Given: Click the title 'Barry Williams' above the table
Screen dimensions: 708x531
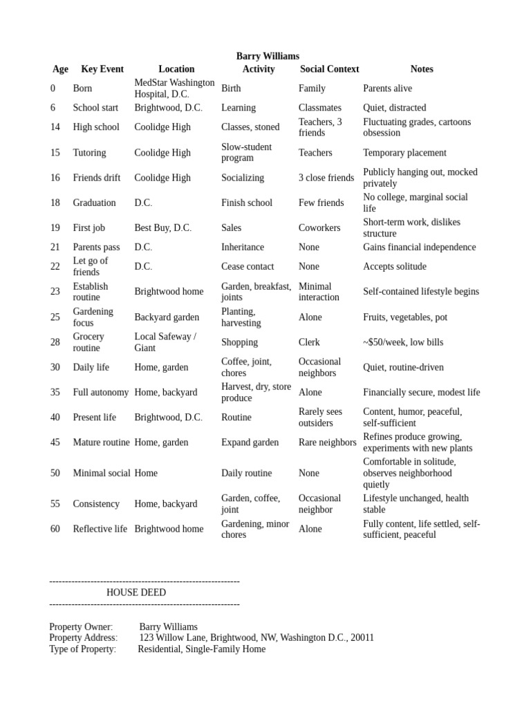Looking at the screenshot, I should pos(268,56).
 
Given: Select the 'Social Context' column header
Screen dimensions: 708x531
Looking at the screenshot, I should pos(329,69).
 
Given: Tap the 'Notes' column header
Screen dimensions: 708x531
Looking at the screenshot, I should pos(421,69).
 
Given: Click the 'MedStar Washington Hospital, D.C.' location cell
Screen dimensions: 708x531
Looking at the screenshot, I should pos(174,88).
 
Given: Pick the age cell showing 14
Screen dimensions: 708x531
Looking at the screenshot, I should pos(55,127).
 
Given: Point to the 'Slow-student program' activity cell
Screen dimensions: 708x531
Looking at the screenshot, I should pos(246,153).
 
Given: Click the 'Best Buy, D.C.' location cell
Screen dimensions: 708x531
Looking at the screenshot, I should pos(162,228).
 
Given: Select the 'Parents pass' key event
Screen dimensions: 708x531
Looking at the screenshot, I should pos(96,248).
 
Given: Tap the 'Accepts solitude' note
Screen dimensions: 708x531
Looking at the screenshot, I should pos(395,267).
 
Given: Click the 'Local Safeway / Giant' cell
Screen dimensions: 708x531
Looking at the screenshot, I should pos(165,342).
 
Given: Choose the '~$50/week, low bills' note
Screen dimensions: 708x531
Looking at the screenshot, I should pos(403,342).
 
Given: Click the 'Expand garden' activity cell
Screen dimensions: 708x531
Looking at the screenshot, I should pos(250,442).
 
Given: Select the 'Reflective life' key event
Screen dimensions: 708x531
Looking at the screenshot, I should pos(100,529).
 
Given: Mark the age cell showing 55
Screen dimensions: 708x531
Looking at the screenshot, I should pos(55,504).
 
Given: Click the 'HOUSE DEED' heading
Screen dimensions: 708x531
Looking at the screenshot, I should pos(136,593).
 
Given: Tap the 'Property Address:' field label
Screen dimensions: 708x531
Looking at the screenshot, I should pos(83,638).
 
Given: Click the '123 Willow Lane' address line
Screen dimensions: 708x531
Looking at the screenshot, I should pos(257,638).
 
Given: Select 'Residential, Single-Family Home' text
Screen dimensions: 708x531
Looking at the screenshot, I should pos(201,649).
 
